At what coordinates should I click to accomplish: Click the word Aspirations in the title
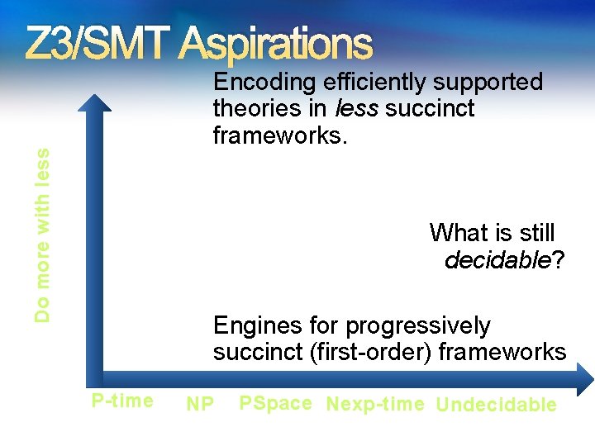277,45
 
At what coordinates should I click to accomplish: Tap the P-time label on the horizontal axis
122,401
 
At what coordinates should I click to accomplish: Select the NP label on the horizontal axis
200,404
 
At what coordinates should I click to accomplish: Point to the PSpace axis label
275,403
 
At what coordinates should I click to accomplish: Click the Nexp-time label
375,404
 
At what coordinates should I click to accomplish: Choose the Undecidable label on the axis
496,405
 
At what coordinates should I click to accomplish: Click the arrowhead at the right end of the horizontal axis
585,381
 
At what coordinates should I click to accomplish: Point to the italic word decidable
497,261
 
